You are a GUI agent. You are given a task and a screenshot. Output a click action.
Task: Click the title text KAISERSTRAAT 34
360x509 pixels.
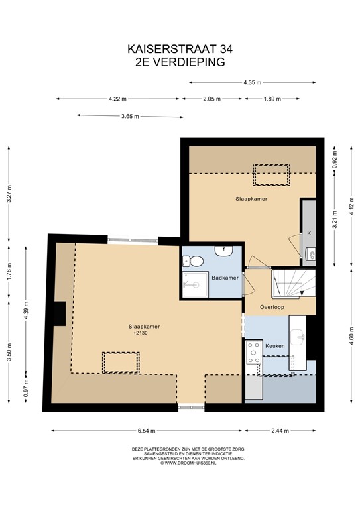click(180, 48)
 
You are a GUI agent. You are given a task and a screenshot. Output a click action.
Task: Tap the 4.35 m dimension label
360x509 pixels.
click(251, 82)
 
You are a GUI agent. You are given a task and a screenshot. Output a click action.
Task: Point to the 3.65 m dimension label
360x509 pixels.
click(130, 117)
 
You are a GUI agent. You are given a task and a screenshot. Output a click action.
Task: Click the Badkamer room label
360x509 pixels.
click(225, 278)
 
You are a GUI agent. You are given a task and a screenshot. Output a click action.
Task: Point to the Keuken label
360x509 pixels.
click(274, 346)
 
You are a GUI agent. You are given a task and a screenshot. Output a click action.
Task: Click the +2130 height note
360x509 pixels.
click(140, 333)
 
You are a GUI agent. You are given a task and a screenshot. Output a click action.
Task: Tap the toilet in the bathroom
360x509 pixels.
click(187, 260)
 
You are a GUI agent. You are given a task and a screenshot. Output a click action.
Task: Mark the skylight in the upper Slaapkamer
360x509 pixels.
click(271, 175)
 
